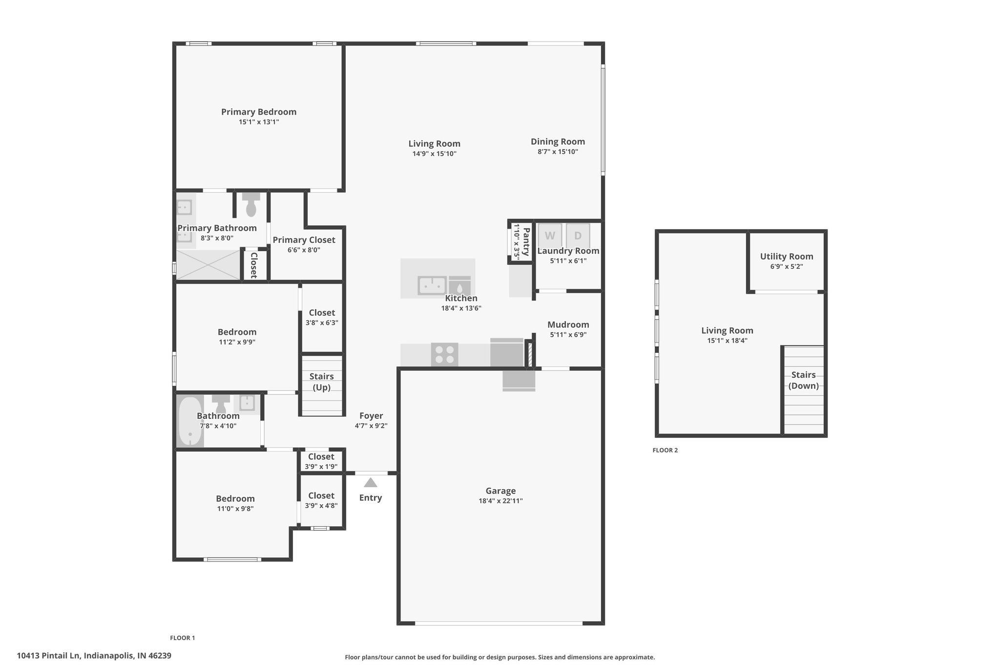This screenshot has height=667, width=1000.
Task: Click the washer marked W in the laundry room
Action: (x=550, y=236)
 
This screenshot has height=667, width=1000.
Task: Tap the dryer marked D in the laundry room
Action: (x=578, y=236)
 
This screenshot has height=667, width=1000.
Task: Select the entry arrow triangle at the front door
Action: (x=371, y=482)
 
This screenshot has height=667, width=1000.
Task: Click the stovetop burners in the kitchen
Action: (x=444, y=354)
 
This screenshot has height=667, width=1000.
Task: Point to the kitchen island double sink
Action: (x=432, y=285)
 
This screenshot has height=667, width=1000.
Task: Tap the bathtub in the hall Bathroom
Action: (x=190, y=421)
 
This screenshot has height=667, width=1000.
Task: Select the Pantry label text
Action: (x=526, y=241)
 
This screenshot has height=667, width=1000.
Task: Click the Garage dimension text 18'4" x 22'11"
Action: (x=500, y=501)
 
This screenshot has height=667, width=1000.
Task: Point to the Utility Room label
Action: (x=787, y=257)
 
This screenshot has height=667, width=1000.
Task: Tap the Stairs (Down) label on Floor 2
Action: (x=804, y=380)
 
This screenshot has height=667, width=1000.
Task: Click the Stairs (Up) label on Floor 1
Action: (x=322, y=382)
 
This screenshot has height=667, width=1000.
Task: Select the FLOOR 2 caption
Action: (x=665, y=451)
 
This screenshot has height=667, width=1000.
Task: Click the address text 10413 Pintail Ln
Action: (x=49, y=656)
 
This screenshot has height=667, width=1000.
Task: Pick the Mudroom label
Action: (x=568, y=324)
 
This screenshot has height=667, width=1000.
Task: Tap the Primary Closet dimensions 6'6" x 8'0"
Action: (x=304, y=250)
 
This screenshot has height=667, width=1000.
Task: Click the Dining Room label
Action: (x=558, y=142)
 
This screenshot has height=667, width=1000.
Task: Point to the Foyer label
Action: (x=371, y=416)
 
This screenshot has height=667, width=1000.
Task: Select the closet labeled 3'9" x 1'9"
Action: (x=321, y=461)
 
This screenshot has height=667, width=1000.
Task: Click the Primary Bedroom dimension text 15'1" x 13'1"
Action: (x=259, y=122)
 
